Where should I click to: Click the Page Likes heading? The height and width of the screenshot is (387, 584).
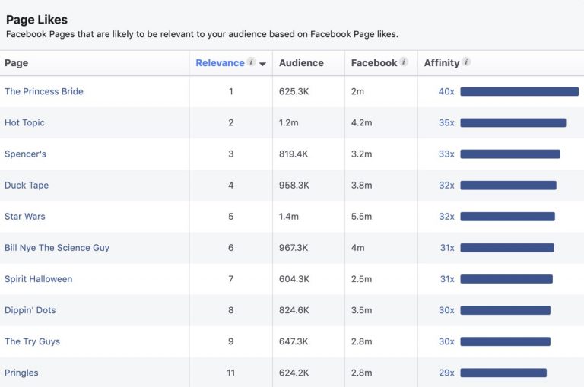tap(36, 20)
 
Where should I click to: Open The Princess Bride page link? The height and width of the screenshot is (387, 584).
tap(44, 91)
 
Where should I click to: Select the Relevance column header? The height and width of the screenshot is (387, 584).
tap(220, 63)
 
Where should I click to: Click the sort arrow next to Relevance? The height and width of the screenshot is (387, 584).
tap(262, 64)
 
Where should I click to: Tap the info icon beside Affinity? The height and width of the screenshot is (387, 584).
tap(466, 62)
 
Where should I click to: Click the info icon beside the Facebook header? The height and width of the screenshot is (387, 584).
tap(404, 62)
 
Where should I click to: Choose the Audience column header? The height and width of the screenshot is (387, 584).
tap(301, 63)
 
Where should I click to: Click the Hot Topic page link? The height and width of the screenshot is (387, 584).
tap(24, 122)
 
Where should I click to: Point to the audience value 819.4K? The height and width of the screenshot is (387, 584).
tap(294, 154)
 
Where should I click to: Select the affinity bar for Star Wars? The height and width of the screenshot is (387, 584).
tap(508, 217)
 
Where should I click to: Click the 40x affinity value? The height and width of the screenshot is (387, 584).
tap(446, 91)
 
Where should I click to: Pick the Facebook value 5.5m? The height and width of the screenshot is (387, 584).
tap(361, 217)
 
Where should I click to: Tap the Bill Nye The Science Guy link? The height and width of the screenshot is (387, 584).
tap(57, 248)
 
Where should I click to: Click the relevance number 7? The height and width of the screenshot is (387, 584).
tap(231, 279)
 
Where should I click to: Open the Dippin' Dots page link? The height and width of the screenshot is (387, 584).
tap(30, 310)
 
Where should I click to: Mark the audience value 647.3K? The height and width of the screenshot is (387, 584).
tap(294, 341)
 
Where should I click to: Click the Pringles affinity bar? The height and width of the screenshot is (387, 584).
tap(503, 373)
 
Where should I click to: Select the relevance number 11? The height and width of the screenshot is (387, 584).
tap(231, 373)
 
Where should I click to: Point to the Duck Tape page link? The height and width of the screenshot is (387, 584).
tap(27, 185)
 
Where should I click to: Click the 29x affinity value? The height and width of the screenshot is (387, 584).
tap(446, 373)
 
